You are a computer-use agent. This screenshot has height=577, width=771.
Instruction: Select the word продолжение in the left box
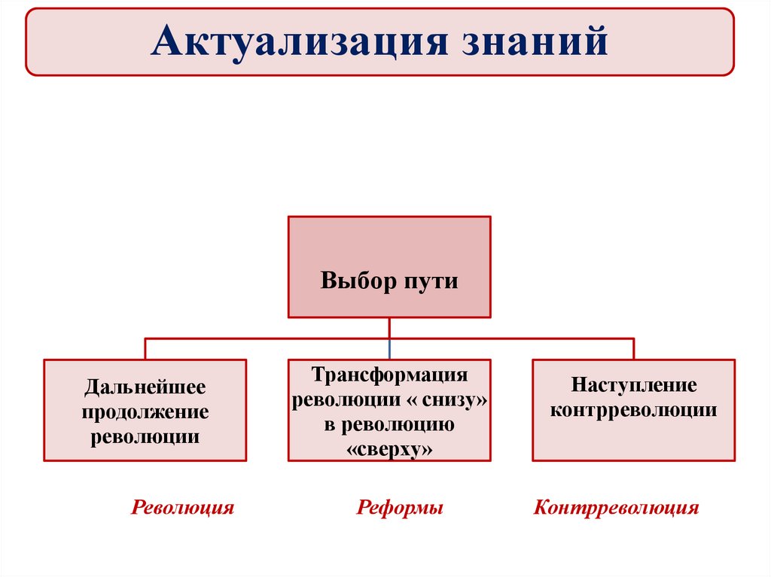tap(145, 412)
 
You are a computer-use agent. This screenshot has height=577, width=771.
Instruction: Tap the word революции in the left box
tap(145, 436)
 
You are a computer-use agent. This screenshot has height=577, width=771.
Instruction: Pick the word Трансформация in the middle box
tap(390, 375)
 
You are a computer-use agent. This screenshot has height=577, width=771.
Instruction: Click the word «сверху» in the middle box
tap(390, 449)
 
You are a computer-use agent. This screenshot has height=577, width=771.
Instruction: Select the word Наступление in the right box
tap(633, 386)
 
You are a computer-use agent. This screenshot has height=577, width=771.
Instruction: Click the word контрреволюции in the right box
tap(633, 411)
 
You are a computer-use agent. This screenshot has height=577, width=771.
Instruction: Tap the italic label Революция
tap(183, 508)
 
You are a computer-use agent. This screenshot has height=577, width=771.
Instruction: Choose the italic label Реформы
tap(400, 508)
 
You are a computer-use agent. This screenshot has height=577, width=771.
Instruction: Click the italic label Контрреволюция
tap(617, 508)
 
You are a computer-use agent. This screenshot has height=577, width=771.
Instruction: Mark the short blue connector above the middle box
tap(389, 348)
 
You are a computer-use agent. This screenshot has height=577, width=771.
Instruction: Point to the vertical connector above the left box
tap(145, 348)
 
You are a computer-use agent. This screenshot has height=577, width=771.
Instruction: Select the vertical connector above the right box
tap(633, 348)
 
